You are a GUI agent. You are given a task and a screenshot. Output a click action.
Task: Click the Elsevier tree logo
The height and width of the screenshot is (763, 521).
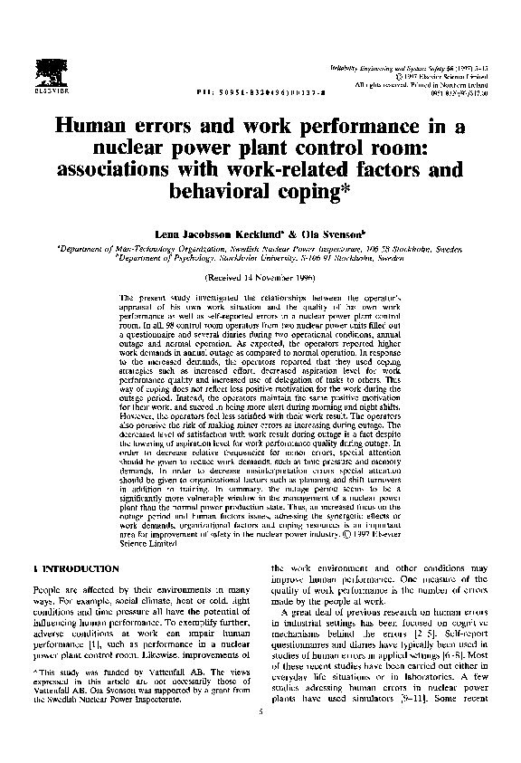44,70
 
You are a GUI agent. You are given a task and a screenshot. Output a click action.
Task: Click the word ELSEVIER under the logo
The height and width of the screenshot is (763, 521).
44,89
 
